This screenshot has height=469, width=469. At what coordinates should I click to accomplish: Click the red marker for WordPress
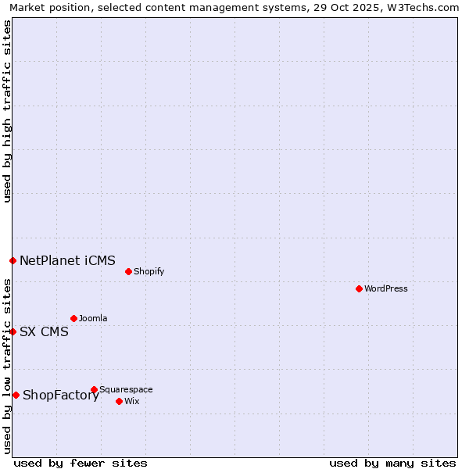coord(359,288)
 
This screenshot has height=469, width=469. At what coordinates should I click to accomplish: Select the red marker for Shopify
coord(128,271)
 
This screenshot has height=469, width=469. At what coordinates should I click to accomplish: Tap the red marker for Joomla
coord(73,318)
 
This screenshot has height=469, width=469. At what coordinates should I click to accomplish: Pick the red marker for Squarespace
coord(94,389)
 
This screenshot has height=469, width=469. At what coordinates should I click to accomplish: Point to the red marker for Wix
coord(119,401)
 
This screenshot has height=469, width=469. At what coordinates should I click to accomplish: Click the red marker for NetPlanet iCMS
coord(13,260)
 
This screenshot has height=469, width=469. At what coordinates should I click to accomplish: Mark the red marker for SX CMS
coord(13,331)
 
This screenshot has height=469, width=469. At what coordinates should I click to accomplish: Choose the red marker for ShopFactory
coord(16,395)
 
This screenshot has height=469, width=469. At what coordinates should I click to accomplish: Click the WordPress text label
coord(386,288)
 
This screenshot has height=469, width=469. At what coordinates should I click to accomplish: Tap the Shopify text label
coord(149,271)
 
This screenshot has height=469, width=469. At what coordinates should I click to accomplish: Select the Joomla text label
coord(93,318)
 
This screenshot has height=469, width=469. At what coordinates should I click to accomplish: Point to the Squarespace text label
coord(126,389)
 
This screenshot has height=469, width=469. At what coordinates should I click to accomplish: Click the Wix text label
coord(131,401)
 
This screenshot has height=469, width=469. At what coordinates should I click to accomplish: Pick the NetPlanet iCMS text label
coord(67,260)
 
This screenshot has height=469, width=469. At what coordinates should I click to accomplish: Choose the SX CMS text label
coord(44,331)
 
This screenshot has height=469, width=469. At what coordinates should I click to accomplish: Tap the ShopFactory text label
coord(61,395)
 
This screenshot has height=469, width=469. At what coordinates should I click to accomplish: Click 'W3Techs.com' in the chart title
coord(427,8)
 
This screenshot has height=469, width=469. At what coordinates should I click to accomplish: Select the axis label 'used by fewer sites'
coord(81,463)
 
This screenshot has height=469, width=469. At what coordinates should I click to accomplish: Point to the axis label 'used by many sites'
coord(392,463)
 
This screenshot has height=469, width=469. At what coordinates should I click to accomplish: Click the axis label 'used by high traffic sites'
coord(8,111)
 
